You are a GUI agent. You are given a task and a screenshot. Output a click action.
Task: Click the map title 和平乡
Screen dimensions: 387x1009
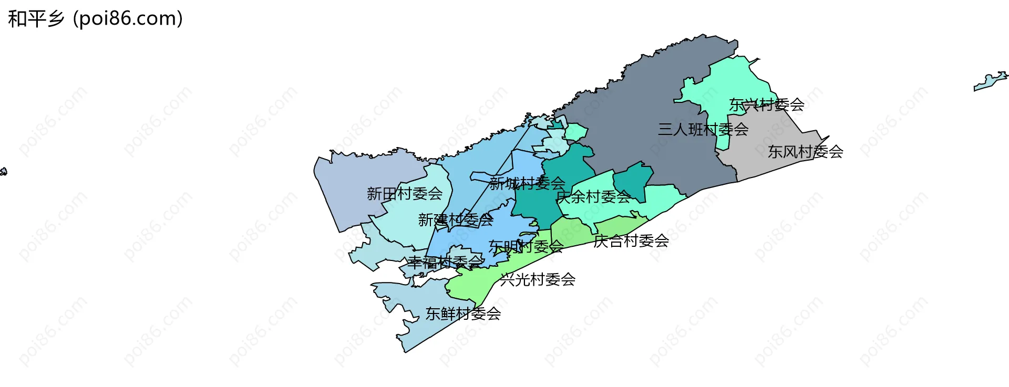pos(36,19)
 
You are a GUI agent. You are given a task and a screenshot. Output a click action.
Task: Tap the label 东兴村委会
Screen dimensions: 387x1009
pos(766,105)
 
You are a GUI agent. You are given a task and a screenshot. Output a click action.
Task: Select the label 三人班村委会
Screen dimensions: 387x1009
pos(703,129)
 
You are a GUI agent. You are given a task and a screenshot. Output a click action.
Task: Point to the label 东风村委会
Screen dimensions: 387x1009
pos(805,152)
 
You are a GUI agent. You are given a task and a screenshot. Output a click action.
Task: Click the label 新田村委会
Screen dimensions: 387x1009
pos(404,194)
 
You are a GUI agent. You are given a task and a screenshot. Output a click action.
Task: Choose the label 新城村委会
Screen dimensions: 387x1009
pos(527,183)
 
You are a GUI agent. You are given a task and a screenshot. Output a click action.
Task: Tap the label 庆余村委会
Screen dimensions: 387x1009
pos(593,197)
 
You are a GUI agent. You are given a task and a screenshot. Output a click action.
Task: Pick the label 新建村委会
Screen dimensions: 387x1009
pos(456,220)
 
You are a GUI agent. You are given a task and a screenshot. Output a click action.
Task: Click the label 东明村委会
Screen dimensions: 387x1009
pos(526,246)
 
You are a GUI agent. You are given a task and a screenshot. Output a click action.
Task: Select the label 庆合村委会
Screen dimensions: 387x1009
pos(631,241)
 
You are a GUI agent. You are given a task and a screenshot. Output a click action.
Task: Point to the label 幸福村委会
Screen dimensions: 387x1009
pos(445,262)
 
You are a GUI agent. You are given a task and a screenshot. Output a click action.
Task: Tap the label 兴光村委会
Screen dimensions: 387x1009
pos(538,279)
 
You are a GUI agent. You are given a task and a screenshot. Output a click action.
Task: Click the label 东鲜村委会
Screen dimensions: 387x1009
pos(463,313)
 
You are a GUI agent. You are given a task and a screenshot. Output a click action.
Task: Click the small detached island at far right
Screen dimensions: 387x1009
pos(990,82)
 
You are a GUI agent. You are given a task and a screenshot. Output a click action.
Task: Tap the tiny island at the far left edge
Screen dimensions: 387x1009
pos(3,172)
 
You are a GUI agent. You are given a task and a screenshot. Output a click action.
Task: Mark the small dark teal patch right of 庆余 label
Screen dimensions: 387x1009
pos(633,179)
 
